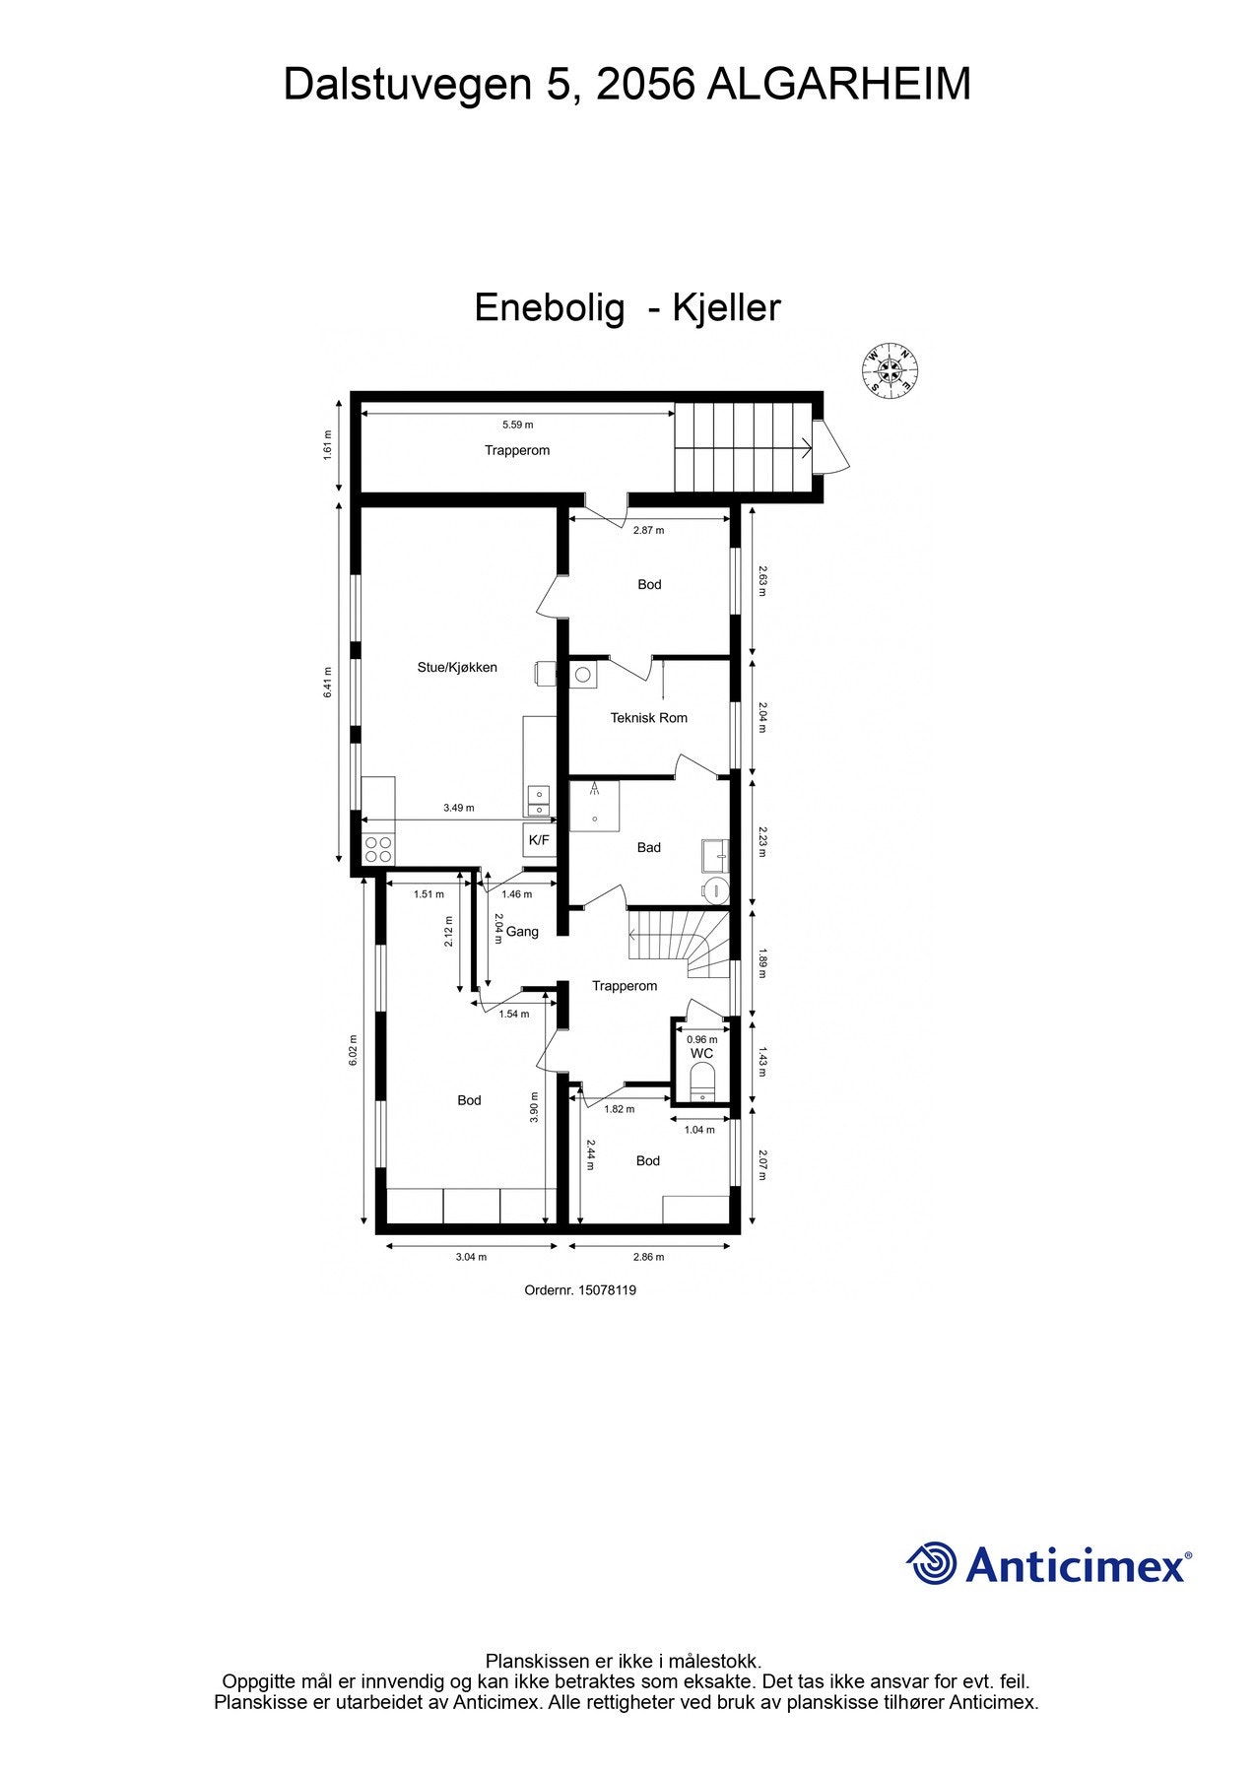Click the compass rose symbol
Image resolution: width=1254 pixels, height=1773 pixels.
(891, 371)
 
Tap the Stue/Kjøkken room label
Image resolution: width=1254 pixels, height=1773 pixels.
(457, 668)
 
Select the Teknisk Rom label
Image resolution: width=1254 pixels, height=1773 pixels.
(648, 718)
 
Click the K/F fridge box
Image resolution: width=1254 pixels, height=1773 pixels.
(539, 840)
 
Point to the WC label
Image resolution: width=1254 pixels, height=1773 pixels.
(701, 1054)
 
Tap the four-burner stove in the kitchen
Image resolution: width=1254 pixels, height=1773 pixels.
(378, 849)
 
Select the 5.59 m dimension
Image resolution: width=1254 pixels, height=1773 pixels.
(517, 426)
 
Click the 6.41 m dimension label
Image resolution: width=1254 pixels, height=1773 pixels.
(329, 683)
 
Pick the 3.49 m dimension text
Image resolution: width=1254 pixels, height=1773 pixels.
(458, 808)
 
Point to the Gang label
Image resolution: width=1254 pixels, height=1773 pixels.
(522, 932)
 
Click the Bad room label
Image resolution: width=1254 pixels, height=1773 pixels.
(648, 847)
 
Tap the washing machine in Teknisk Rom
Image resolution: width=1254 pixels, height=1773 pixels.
(583, 675)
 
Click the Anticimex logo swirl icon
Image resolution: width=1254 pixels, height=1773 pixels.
(931, 1563)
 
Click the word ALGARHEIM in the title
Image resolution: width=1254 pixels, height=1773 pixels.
(839, 85)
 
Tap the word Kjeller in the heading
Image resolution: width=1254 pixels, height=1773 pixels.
(726, 308)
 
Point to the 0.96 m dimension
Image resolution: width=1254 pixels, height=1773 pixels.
(701, 1039)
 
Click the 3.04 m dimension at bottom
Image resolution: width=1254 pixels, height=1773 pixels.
(470, 1257)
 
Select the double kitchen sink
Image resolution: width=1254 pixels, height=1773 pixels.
(539, 801)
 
